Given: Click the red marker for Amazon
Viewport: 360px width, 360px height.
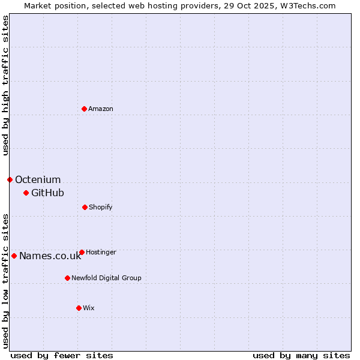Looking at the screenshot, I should click(85, 109).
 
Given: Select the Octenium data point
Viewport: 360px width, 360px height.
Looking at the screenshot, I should click(10, 179).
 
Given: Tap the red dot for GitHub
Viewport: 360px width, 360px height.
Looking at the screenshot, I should click(26, 193).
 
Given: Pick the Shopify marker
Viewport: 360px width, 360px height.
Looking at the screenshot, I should click(85, 207).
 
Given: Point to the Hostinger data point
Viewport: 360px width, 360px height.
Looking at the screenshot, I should click(82, 252).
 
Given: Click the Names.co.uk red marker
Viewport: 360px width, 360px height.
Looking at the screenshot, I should click(14, 256).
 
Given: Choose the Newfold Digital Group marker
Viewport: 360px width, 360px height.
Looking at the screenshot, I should click(67, 278).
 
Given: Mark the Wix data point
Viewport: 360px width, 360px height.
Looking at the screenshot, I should click(79, 308).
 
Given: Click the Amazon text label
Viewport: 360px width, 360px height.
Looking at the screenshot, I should click(101, 109).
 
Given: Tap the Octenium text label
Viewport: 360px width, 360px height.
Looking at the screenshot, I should click(38, 179).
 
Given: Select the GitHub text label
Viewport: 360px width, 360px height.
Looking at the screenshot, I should click(47, 193).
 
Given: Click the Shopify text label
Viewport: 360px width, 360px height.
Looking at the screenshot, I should click(101, 207).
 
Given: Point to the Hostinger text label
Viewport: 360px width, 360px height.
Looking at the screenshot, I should click(101, 252).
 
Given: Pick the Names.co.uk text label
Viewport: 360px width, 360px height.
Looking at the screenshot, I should click(50, 256).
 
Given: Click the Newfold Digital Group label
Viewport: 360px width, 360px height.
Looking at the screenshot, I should click(106, 278).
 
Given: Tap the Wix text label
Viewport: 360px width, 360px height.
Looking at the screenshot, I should click(89, 308).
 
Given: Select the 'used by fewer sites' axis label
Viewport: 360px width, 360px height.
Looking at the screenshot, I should click(62, 355).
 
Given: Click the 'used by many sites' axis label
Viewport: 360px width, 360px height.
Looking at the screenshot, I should click(301, 355).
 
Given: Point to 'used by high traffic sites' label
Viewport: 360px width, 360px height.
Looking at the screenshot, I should click(5, 85).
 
